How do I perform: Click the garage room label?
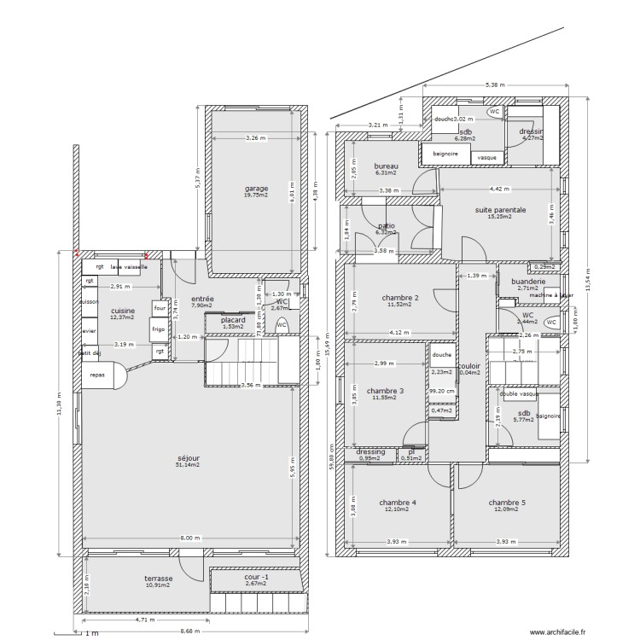point(256,189)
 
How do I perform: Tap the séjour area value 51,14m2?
point(188,465)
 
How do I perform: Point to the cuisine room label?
point(123,311)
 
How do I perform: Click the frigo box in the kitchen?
point(159,329)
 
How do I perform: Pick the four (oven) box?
point(159,308)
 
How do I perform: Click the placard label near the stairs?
point(233,320)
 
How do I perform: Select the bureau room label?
point(387,166)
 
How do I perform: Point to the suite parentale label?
point(500,209)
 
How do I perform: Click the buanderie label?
point(528,282)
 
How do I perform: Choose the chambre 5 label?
point(507,503)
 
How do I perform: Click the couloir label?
point(469,365)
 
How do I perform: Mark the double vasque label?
point(518,394)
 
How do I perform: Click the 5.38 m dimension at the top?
point(495,85)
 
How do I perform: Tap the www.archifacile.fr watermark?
point(557,632)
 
